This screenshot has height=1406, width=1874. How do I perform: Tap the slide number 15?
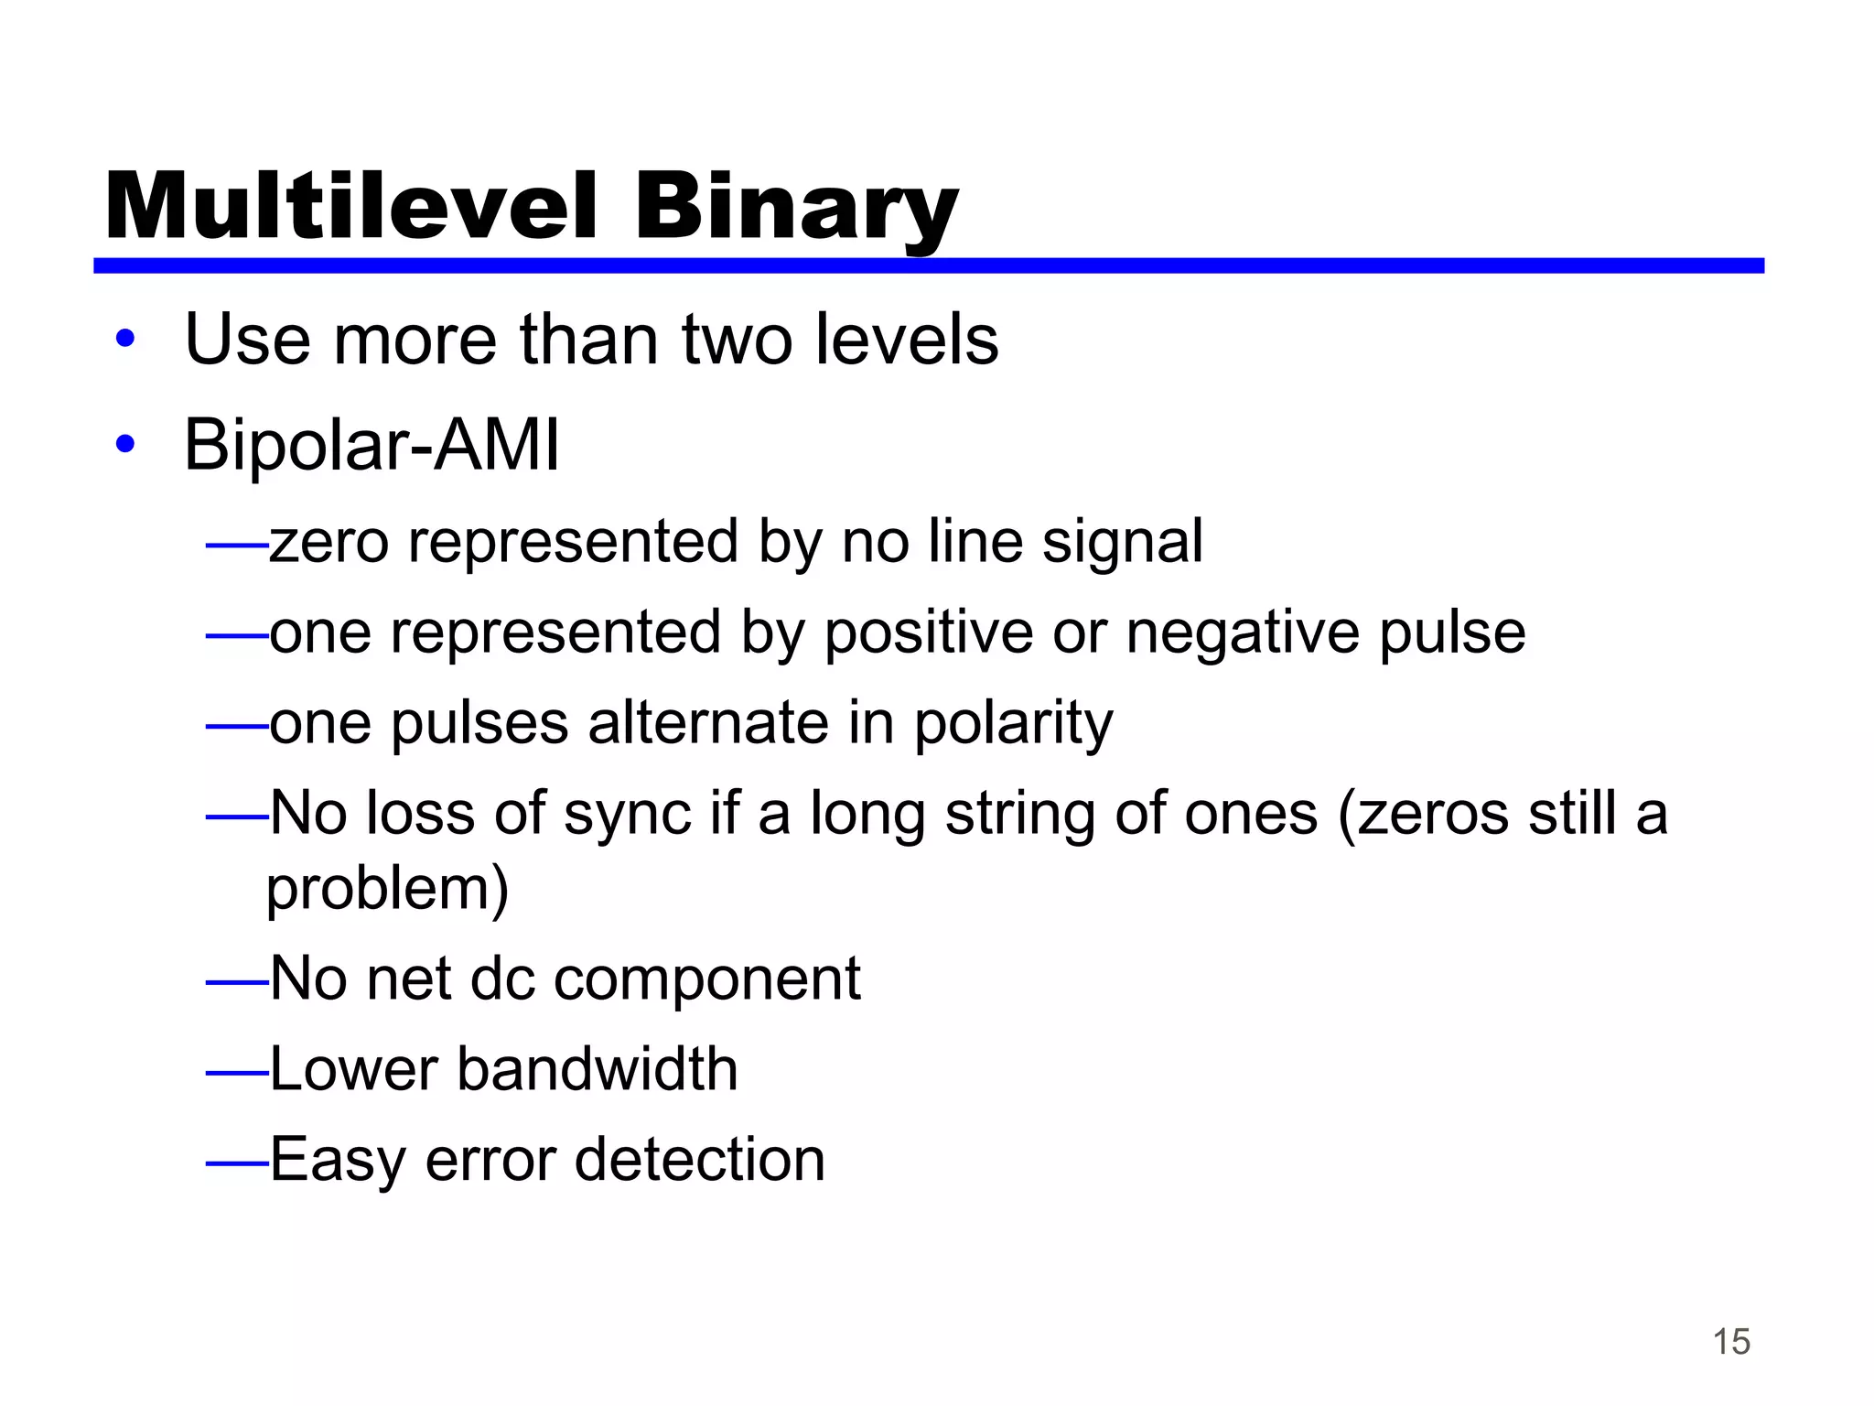point(1730,1342)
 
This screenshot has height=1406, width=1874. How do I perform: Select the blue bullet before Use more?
point(125,340)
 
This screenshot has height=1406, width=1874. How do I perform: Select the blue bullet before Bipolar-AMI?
point(125,445)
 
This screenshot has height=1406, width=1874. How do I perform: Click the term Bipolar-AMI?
point(372,445)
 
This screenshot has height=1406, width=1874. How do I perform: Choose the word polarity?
point(1013,723)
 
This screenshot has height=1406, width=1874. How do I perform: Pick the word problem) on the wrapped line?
point(387,889)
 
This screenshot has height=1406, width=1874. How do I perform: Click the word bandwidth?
point(597,1069)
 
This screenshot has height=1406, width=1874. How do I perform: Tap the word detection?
point(699,1160)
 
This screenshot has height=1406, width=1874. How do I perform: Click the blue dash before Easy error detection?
point(236,1163)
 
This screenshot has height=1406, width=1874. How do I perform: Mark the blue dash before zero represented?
point(236,546)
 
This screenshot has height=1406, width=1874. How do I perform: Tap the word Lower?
point(354,1069)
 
